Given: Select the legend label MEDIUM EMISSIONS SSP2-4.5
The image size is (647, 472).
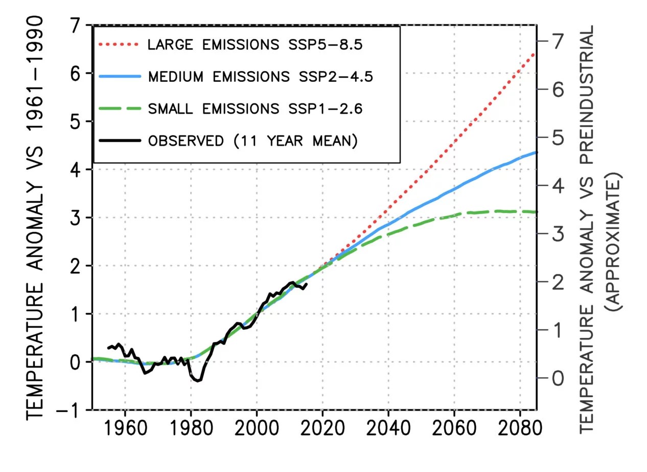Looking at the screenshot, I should point(260,77).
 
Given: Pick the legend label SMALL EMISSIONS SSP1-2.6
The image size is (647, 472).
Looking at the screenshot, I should point(255,109).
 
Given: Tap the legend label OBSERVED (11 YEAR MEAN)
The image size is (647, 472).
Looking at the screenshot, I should point(252,141).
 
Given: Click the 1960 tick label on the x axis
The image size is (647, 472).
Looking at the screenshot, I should point(125,430).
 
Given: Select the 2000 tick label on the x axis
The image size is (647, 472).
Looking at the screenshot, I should point(257,430).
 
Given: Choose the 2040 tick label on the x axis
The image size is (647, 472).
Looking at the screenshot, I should point(388,430).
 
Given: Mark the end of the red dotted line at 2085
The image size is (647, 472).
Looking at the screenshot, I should point(535,53).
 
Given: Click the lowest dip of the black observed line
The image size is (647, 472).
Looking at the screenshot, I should point(198,380).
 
